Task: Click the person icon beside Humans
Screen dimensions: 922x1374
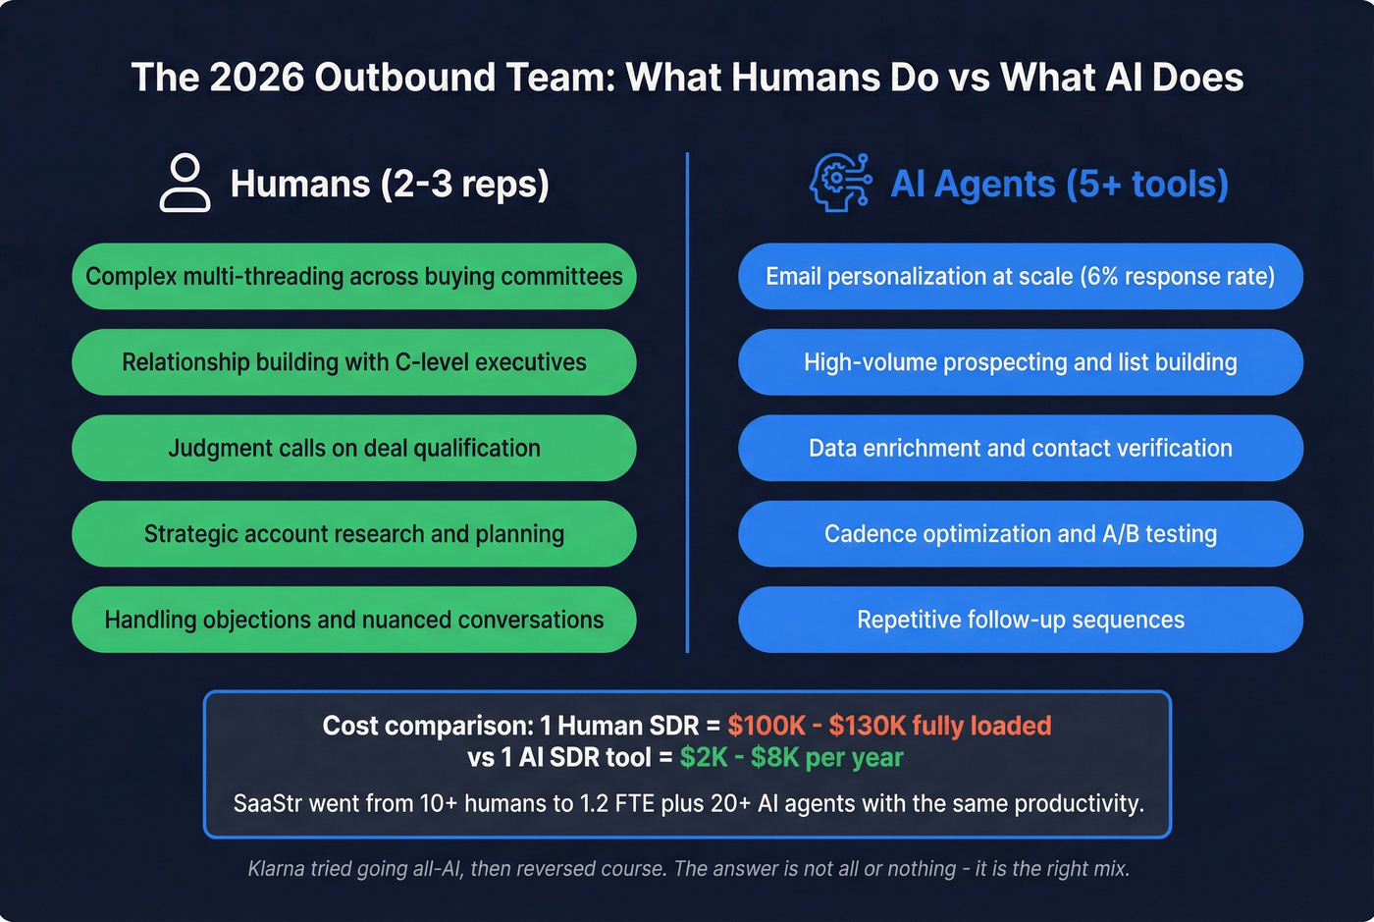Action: (x=185, y=183)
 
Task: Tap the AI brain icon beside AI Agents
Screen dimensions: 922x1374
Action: (x=840, y=183)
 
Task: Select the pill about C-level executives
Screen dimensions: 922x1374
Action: (x=353, y=362)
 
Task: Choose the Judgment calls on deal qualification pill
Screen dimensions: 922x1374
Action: (x=353, y=448)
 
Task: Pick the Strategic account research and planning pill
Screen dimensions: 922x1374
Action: (x=353, y=534)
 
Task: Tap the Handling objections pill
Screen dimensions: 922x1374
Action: (x=353, y=620)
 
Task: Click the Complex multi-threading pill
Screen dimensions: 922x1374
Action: (x=353, y=277)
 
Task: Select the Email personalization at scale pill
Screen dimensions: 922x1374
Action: (x=1020, y=277)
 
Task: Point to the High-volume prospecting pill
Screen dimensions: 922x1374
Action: (x=1020, y=362)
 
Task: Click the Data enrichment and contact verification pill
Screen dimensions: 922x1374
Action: (x=1020, y=448)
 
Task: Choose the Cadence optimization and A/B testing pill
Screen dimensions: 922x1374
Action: (x=1020, y=534)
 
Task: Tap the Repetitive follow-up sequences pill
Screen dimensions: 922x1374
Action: (x=1020, y=620)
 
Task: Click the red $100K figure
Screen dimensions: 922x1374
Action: (x=766, y=726)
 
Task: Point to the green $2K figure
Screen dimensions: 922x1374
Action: (x=703, y=757)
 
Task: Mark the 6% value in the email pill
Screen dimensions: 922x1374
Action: (x=1100, y=277)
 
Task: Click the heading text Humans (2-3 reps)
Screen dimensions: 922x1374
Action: (x=390, y=184)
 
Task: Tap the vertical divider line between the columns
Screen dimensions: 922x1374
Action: (x=687, y=403)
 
